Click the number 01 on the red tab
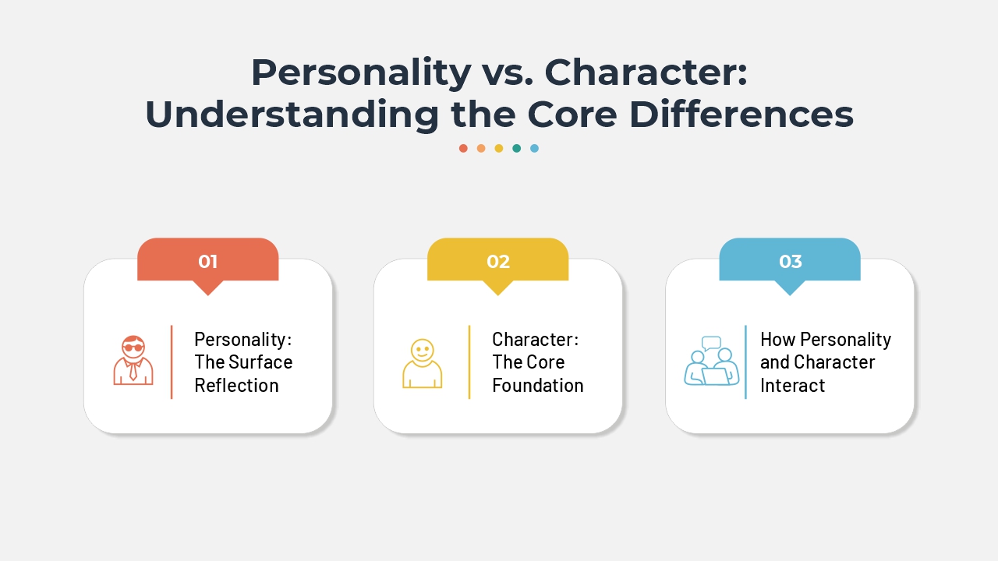tap(207, 261)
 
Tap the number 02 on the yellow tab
tap(498, 261)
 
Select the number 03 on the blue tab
tap(790, 261)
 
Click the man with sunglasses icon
tap(133, 360)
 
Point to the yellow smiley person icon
tap(422, 363)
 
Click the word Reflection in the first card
tap(236, 385)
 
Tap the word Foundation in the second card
tap(537, 385)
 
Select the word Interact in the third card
tap(792, 385)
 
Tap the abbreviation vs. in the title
tap(508, 72)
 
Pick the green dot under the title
tap(516, 148)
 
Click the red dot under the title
tap(463, 148)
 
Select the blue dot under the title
tap(534, 148)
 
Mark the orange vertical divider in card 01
tap(172, 362)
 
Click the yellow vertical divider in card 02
tap(469, 362)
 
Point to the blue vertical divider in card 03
tap(745, 362)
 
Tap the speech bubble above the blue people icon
tap(711, 342)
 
